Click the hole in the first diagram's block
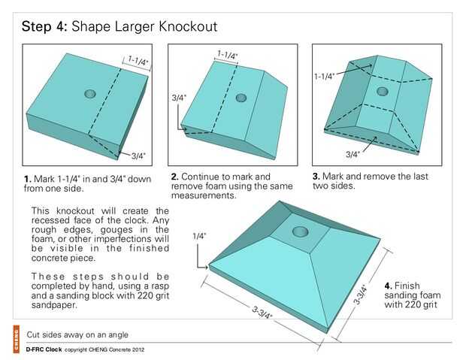coord(89,94)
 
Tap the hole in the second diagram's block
coord(241,98)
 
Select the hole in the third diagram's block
coord(382,91)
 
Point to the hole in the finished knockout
coord(300,231)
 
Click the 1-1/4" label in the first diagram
coord(138,61)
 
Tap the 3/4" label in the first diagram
coord(138,156)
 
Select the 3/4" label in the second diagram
coord(179,98)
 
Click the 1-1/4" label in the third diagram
coord(324,77)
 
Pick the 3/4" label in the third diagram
coord(353,154)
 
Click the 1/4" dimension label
coord(199,236)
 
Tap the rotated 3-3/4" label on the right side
coord(361,295)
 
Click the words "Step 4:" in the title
coord(44,27)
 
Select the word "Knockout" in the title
coord(188,26)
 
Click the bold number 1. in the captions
coord(28,180)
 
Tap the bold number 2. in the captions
coord(174,177)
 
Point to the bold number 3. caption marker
coord(316,177)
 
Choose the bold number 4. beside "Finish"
coord(388,286)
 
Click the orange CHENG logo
coord(16,339)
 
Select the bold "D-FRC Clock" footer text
coord(44,349)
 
